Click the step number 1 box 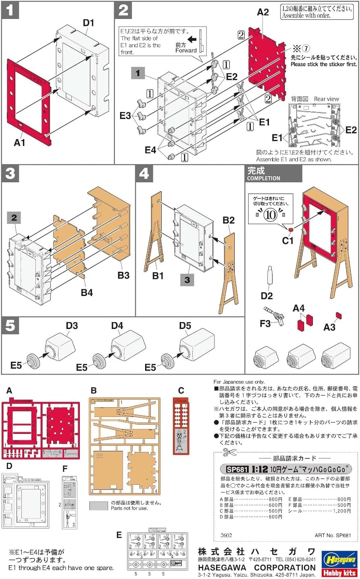(10, 10)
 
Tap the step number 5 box (10, 326)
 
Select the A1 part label (19, 142)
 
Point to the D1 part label (88, 23)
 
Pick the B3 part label (123, 275)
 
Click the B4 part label (87, 292)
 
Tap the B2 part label (229, 220)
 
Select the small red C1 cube (290, 230)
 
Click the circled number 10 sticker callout (270, 215)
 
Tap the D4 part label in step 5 (117, 325)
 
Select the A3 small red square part (339, 315)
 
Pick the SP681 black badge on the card (237, 469)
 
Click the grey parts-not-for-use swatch (99, 506)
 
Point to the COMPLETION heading (264, 178)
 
